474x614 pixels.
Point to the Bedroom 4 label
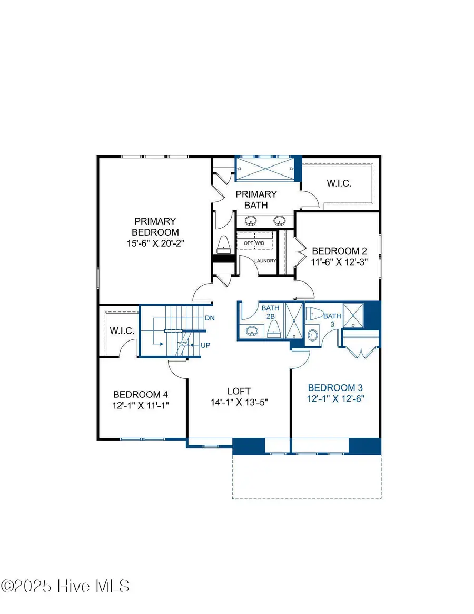[x=141, y=394]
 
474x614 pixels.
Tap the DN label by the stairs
[x=210, y=318]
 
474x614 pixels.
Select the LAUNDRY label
[x=265, y=261]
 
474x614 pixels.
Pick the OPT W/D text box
[x=254, y=243]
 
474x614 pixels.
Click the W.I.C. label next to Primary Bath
[x=338, y=183]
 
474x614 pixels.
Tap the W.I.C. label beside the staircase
[x=123, y=331]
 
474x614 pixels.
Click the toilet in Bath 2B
[x=273, y=329]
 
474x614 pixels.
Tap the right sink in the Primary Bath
[x=280, y=220]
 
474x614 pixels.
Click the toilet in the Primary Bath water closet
[x=224, y=243]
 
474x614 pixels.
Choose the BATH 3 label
[x=332, y=320]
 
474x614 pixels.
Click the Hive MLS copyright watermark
[x=65, y=586]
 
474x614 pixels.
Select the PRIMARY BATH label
[x=255, y=199]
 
